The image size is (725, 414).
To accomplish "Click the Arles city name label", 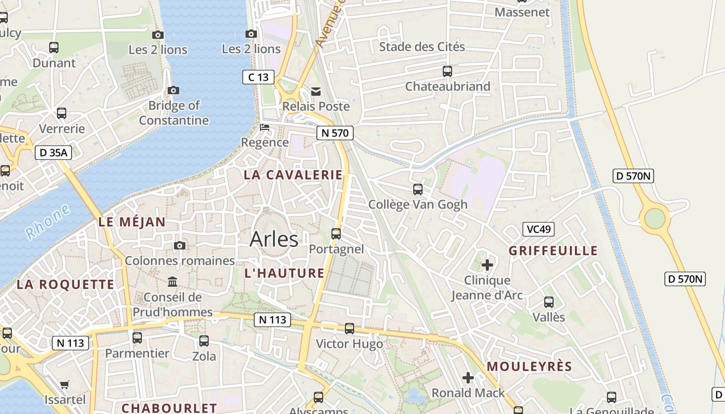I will (x=274, y=239).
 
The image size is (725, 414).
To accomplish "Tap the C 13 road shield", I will (x=258, y=77).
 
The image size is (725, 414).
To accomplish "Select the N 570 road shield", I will (x=335, y=133).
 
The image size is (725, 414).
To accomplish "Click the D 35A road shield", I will (x=53, y=153).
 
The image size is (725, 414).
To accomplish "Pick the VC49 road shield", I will (x=538, y=229).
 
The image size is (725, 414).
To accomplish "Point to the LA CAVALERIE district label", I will (x=293, y=175).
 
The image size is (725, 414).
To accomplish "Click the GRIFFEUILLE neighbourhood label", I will (x=553, y=251).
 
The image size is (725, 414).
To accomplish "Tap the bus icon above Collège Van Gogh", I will (x=418, y=189).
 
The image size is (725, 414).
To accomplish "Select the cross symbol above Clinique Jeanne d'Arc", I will (x=487, y=265).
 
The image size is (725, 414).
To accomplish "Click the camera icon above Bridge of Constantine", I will (x=174, y=90).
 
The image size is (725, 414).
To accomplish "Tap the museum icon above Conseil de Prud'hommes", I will (x=172, y=282).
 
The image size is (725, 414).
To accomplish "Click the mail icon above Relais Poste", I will (x=316, y=92).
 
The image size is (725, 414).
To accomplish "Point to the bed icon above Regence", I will (x=265, y=127).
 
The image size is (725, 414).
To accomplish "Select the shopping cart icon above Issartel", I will (x=65, y=385).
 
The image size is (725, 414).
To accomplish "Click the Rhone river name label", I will (x=48, y=222).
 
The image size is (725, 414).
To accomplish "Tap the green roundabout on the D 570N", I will (x=655, y=218).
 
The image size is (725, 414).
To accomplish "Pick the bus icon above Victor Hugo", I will (x=350, y=329).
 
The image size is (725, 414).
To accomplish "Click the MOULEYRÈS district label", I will (x=529, y=367).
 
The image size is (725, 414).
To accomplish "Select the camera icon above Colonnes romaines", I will (x=180, y=245).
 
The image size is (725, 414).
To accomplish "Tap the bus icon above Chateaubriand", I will (x=447, y=71).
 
